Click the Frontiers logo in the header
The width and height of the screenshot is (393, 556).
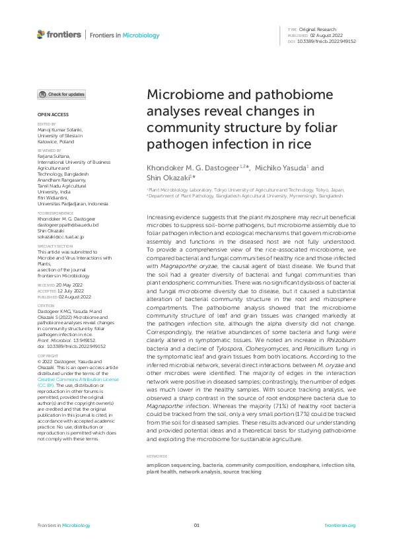pyautogui.click(x=59, y=34)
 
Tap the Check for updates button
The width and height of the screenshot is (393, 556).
pyautogui.click(x=61, y=94)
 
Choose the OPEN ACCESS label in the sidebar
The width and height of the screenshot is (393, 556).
pyautogui.click(x=49, y=115)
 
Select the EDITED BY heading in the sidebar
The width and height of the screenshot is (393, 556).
pyautogui.click(x=46, y=123)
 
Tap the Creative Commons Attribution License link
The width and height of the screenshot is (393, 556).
pyautogui.click(x=78, y=380)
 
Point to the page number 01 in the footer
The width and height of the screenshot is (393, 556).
pyautogui.click(x=196, y=525)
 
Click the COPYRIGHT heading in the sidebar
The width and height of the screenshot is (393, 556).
pyautogui.click(x=47, y=356)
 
